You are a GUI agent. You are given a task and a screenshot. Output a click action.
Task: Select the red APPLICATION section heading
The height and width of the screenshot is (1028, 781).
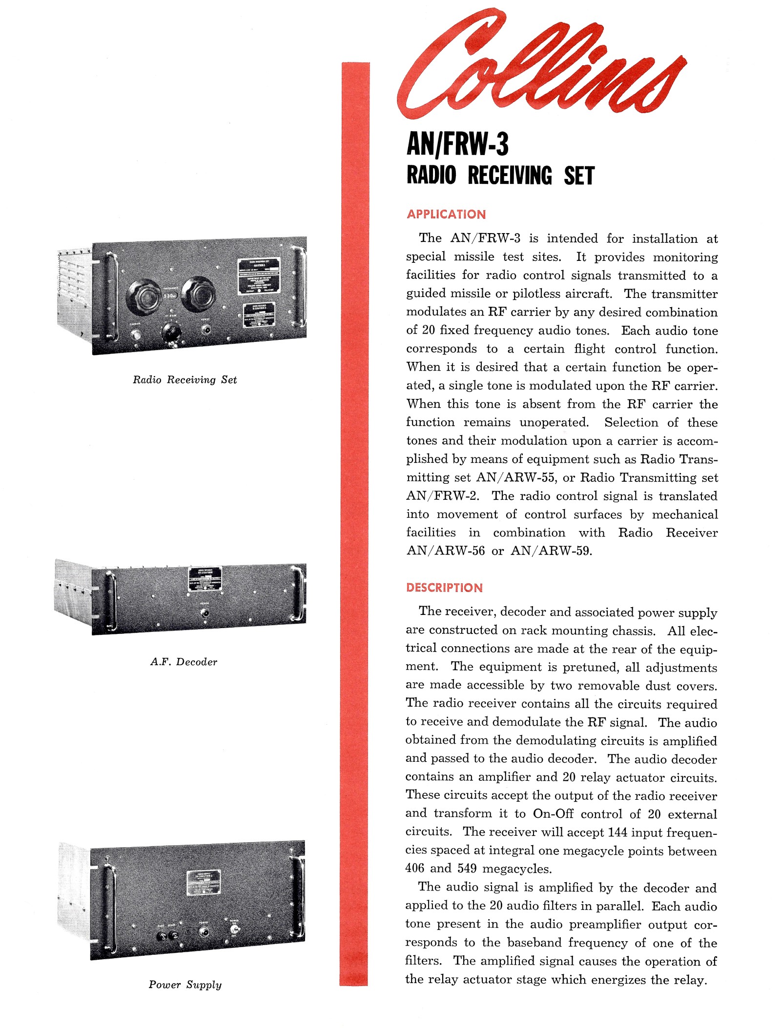tap(446, 215)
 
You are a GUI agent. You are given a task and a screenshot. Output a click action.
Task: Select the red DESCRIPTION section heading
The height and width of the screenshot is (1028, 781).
tap(444, 588)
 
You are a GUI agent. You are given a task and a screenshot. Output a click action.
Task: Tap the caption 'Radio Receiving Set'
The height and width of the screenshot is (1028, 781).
tap(185, 380)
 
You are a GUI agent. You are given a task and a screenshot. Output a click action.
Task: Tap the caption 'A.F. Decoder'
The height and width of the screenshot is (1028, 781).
tap(184, 662)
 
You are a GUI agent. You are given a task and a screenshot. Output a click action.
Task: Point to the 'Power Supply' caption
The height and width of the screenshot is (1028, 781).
tap(185, 985)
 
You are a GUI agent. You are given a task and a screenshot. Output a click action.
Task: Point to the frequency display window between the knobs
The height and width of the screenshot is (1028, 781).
tap(170, 295)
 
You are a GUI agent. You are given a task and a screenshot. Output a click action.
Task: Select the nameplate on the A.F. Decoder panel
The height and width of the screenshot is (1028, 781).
tap(205, 579)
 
